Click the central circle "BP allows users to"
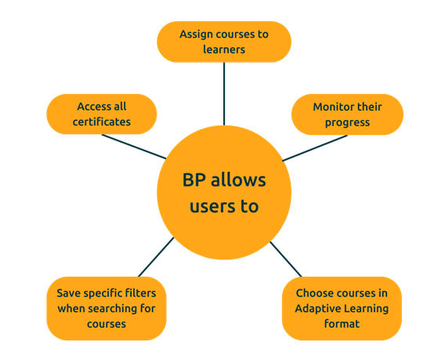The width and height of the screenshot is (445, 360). pyautogui.click(x=224, y=193)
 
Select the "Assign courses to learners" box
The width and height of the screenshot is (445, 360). pyautogui.click(x=223, y=42)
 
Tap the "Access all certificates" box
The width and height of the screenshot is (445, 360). pyautogui.click(x=102, y=115)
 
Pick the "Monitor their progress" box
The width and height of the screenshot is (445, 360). pyautogui.click(x=346, y=115)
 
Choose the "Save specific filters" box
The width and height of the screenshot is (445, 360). pyautogui.click(x=107, y=308)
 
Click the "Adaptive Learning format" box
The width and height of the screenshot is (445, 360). pyautogui.click(x=342, y=308)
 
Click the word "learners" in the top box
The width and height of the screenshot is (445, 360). pyautogui.click(x=223, y=49)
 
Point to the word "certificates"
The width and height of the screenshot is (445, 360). pyautogui.click(x=102, y=122)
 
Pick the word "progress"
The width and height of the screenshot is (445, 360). pyautogui.click(x=346, y=122)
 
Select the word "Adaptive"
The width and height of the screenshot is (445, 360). pyautogui.click(x=317, y=308)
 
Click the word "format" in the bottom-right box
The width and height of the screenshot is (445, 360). pyautogui.click(x=342, y=323)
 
